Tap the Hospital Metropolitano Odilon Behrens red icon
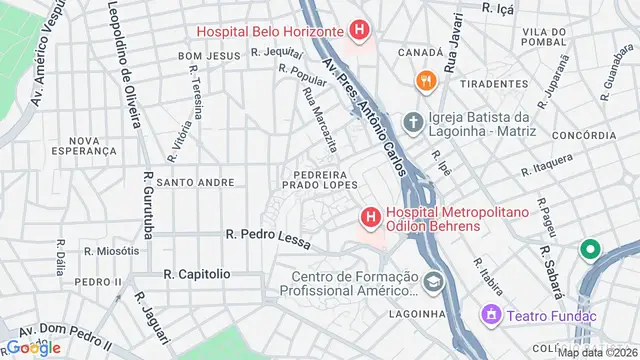370,216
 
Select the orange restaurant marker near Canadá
426,81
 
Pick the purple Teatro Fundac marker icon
491,315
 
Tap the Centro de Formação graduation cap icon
433,283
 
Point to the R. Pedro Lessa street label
269,239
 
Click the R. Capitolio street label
197,273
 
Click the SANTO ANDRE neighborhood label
195,183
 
